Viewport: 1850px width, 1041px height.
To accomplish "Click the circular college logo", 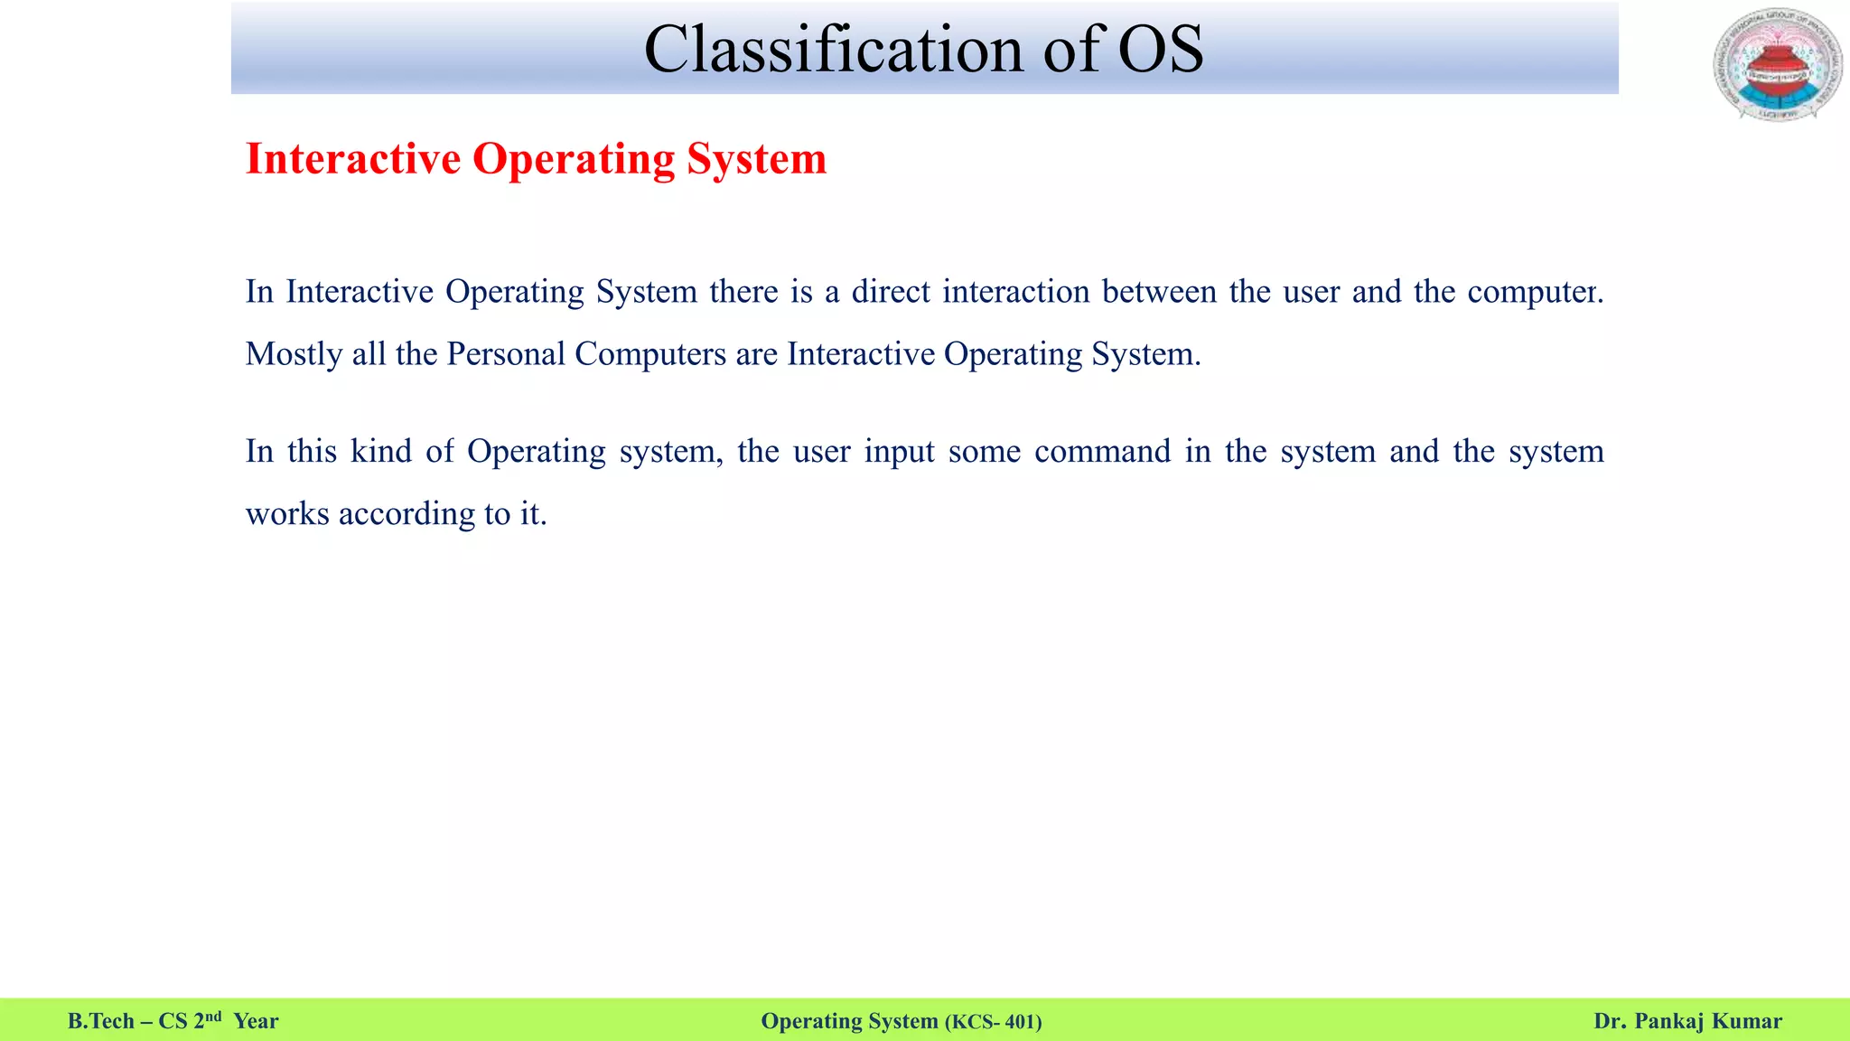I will click(x=1777, y=65).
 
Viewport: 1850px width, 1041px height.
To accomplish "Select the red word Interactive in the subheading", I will click(x=353, y=159).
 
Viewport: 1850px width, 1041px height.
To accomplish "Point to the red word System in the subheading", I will click(x=756, y=159).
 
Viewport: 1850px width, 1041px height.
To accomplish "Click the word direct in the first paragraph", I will click(x=891, y=292).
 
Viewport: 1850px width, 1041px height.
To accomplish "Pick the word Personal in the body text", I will click(x=506, y=354).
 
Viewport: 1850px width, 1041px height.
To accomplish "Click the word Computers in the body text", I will click(x=649, y=354).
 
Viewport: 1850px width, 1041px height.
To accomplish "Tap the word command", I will click(x=1102, y=451).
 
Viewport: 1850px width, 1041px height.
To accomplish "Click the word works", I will click(x=287, y=514).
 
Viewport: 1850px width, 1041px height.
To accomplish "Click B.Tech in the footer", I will click(x=100, y=1021).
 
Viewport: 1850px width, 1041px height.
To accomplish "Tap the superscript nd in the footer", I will click(x=213, y=1017).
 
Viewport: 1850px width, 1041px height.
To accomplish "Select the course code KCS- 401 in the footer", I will click(x=993, y=1022).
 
